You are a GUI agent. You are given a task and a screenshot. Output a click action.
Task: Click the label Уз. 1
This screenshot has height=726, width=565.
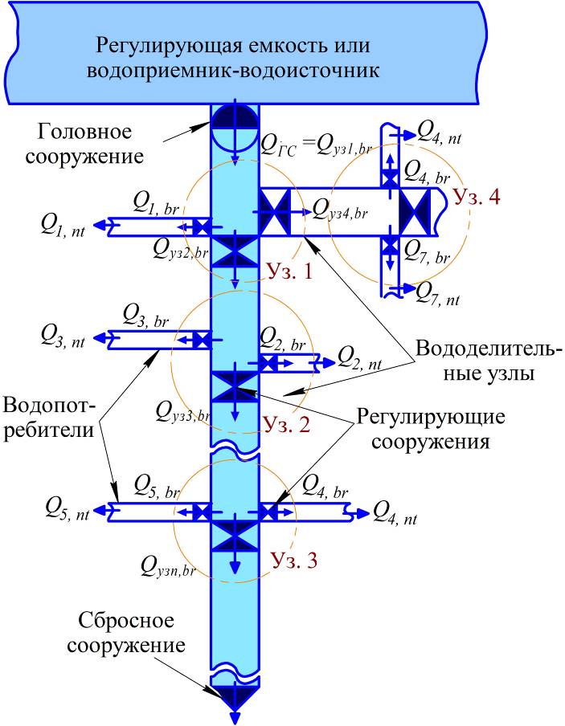click(287, 273)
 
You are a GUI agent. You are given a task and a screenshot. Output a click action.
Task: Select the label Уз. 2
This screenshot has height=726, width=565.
click(286, 424)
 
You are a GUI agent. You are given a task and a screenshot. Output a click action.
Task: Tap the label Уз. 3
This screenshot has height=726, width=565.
click(294, 560)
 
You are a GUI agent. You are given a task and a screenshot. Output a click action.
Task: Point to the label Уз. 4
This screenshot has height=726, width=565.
click(477, 197)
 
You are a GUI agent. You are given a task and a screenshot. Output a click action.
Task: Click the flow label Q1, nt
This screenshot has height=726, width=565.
click(63, 228)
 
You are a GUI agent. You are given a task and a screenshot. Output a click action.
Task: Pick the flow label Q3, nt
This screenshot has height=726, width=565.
click(63, 339)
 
